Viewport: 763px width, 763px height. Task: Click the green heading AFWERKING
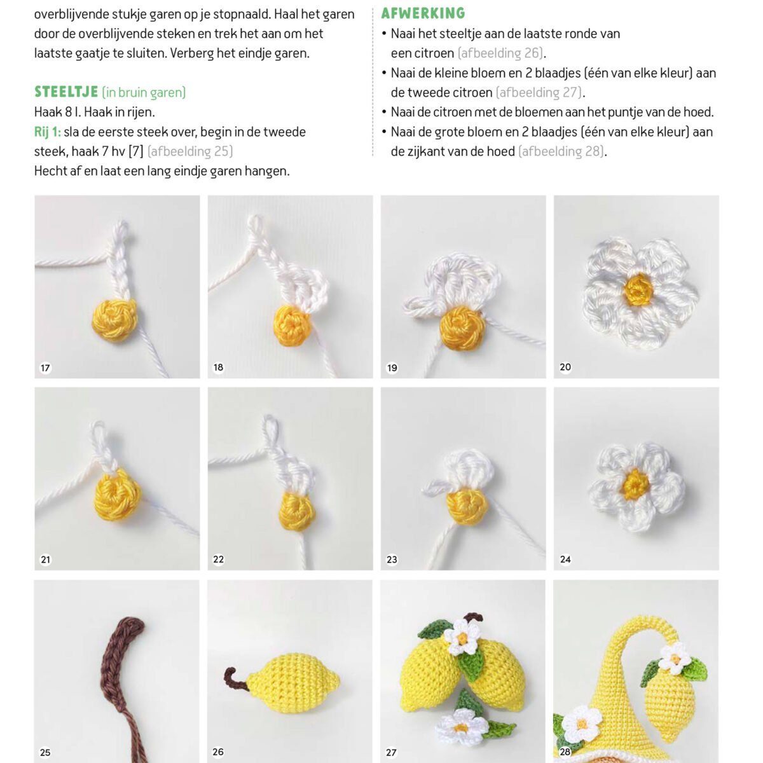pos(423,13)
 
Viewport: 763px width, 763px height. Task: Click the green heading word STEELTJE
pos(66,92)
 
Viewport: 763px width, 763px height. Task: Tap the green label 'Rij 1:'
pos(48,132)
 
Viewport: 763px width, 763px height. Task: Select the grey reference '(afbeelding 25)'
pos(190,152)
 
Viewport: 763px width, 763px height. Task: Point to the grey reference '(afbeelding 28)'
pos(561,152)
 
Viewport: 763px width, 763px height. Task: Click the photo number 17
pos(45,368)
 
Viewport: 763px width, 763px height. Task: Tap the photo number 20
pos(565,367)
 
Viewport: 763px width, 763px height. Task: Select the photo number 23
pos(392,560)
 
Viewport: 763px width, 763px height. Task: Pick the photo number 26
pos(218,752)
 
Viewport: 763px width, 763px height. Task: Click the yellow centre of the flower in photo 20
pos(638,291)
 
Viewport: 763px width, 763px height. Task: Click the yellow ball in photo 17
pos(114,320)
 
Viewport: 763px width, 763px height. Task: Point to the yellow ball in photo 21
pos(118,495)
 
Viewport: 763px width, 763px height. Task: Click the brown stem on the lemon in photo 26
pos(235,680)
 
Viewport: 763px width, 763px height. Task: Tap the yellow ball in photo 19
pos(462,329)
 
